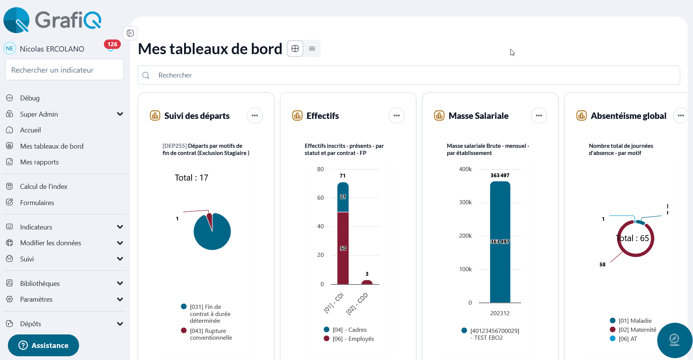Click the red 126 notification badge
[x=112, y=44]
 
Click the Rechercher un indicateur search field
[x=64, y=70]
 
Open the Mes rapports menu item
[x=39, y=162]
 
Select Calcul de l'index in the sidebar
[x=43, y=187]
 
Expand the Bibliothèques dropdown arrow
[x=120, y=283]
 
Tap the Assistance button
[x=43, y=345]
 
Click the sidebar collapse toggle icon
[x=130, y=33]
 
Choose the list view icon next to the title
[x=312, y=49]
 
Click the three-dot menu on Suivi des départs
[x=255, y=115]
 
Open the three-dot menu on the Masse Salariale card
[x=539, y=115]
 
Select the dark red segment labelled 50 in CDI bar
[x=343, y=248]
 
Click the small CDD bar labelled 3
[x=367, y=282]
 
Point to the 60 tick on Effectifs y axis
[x=320, y=198]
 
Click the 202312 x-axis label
[x=500, y=313]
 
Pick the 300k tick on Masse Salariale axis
[x=465, y=202]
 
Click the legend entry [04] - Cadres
[x=349, y=330]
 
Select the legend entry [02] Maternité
[x=637, y=330]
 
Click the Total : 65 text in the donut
[x=633, y=238]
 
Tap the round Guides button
[x=675, y=340]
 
